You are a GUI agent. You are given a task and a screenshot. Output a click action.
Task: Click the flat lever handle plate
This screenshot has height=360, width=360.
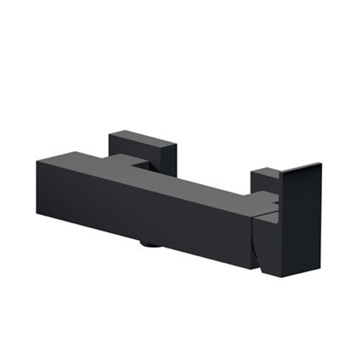tap(300, 218)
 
